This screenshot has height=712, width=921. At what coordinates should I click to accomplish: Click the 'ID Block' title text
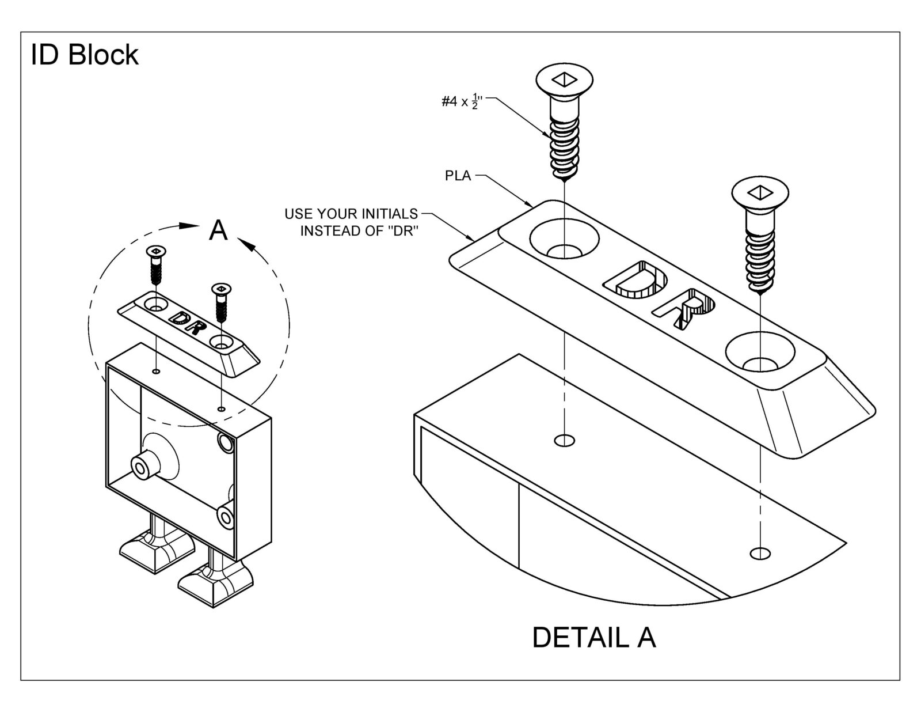[x=85, y=55]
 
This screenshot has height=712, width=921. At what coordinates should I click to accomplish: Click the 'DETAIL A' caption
[x=593, y=638]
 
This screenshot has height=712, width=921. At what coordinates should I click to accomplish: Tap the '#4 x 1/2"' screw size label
[x=461, y=102]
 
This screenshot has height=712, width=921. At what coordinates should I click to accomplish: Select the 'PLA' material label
[x=458, y=176]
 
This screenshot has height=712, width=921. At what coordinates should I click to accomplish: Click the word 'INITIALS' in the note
[x=385, y=214]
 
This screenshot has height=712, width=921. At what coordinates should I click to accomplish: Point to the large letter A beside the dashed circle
[x=218, y=230]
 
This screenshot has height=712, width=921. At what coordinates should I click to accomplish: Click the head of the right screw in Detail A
[x=760, y=192]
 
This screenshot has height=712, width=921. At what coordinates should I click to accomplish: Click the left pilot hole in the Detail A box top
[x=564, y=441]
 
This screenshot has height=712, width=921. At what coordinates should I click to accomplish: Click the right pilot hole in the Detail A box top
[x=760, y=554]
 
